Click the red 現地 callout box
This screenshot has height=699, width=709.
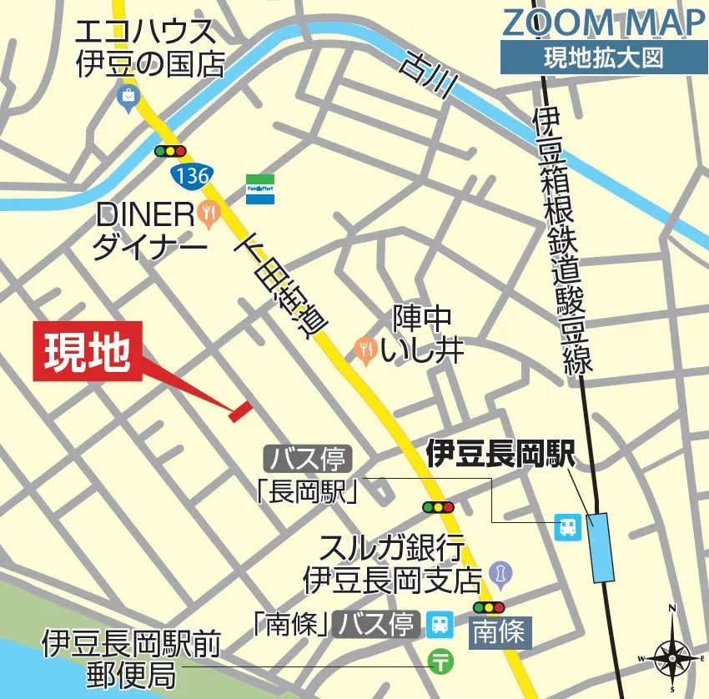coord(87,351)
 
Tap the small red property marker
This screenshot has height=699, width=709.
coord(240,409)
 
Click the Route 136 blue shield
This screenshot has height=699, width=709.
coord(192,175)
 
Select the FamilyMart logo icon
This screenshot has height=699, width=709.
coord(259,189)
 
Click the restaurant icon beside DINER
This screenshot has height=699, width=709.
coord(209,214)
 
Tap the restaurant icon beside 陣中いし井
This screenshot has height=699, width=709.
coord(365,349)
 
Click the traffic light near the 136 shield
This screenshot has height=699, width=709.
coord(170,151)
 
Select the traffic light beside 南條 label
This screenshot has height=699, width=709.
coord(489,606)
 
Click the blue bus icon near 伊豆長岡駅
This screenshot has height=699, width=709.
coord(567,526)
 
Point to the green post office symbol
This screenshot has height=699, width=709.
coord(440,661)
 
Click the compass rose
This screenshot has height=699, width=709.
coord(672,656)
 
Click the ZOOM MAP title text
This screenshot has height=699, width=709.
coord(603,23)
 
